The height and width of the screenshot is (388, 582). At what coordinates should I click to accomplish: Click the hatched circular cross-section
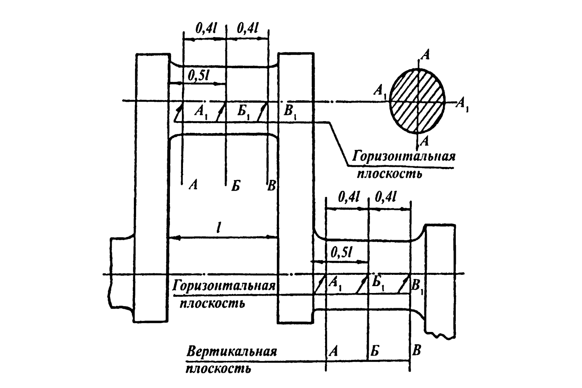[418, 101]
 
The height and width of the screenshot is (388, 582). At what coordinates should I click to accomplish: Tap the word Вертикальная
[232, 352]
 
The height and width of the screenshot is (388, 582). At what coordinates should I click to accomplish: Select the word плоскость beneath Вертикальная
[218, 369]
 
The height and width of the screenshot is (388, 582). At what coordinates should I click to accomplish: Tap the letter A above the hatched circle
[425, 55]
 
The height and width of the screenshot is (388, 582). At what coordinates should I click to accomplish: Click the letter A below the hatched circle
[425, 140]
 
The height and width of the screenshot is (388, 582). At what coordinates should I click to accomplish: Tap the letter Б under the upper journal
[236, 186]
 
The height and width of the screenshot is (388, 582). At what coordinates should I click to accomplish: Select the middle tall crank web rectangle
[295, 187]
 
